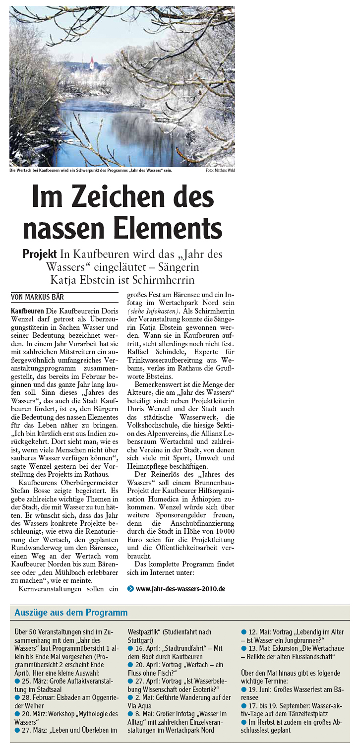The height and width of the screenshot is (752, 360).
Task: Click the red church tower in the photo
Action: click(91, 63)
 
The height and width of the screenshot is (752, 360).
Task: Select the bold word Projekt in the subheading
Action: click(39, 254)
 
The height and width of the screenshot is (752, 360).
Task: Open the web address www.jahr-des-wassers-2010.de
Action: click(180, 589)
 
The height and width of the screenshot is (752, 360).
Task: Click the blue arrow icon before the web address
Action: click(130, 589)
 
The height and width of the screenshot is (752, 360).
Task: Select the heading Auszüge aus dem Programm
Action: click(71, 613)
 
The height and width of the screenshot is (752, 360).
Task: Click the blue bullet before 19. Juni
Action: click(244, 689)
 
